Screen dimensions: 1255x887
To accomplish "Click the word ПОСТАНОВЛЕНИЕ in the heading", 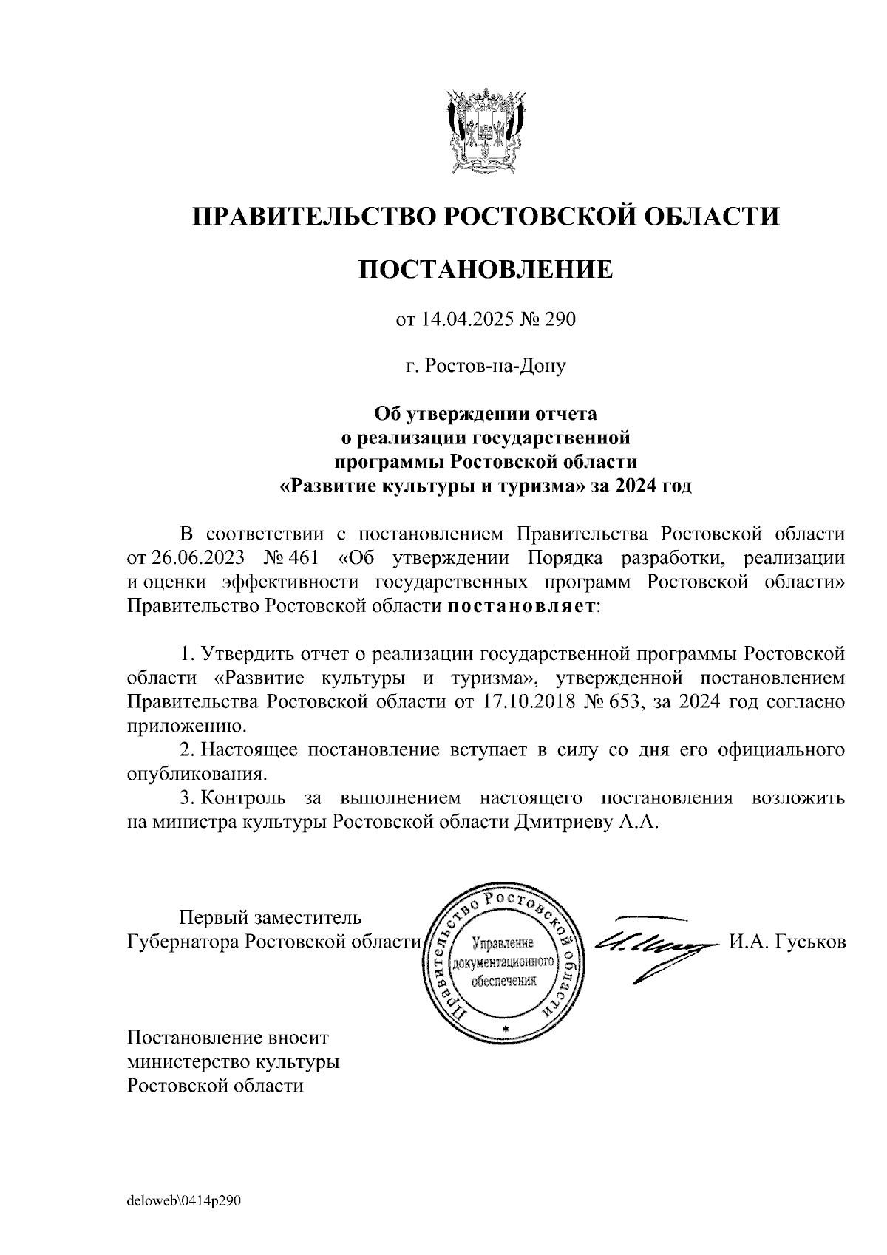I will (x=486, y=270).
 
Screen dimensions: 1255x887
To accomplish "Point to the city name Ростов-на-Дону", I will (x=495, y=366).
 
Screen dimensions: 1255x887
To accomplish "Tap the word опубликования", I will (x=196, y=775).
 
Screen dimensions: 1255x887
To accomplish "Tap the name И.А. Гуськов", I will (x=786, y=942).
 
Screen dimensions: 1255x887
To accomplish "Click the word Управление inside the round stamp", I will (x=502, y=945).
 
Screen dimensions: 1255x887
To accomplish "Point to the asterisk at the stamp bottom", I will (x=506, y=1030).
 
